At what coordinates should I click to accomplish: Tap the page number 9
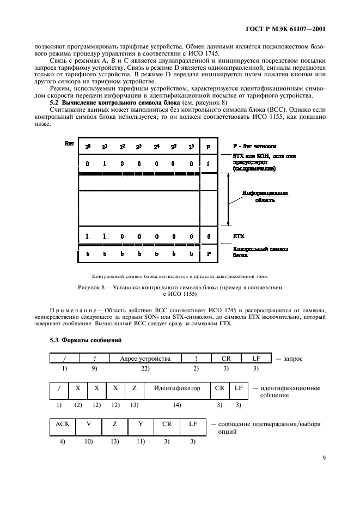pyautogui.click(x=324, y=458)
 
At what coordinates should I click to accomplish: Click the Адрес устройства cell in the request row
pyautogui.click(x=145, y=359)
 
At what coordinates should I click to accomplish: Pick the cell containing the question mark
pyautogui.click(x=94, y=359)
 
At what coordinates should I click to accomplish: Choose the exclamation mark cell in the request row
pyautogui.click(x=196, y=359)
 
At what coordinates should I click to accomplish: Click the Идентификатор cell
pyautogui.click(x=177, y=388)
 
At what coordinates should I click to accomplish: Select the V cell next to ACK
pyautogui.click(x=89, y=423)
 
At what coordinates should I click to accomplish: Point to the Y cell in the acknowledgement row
pyautogui.click(x=141, y=423)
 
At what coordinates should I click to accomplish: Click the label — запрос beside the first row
pyautogui.click(x=289, y=359)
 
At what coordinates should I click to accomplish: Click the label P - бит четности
pyautogui.click(x=254, y=146)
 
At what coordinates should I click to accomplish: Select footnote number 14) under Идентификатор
pyautogui.click(x=177, y=405)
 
